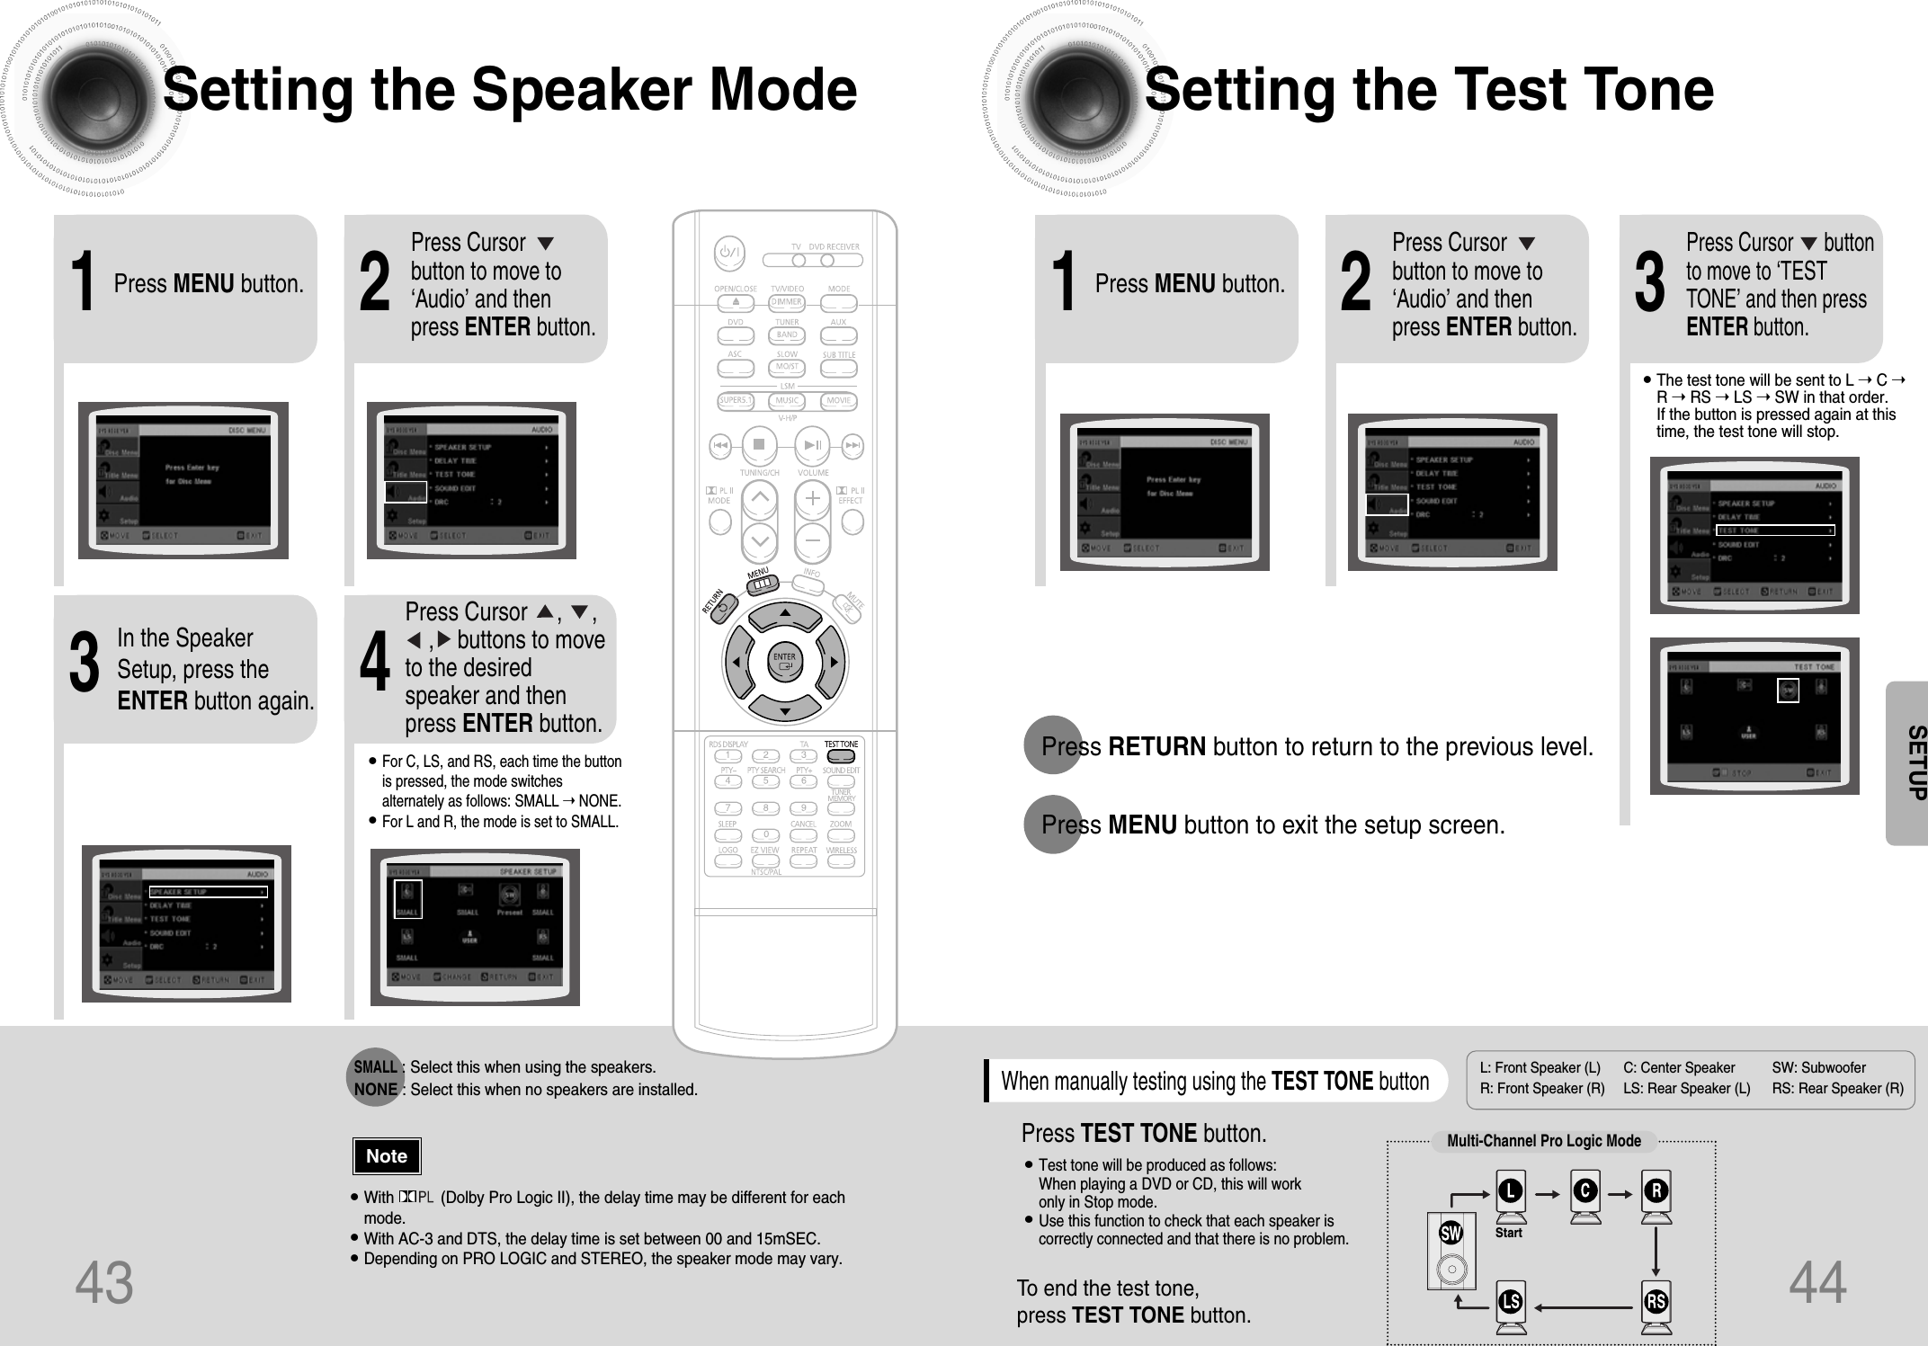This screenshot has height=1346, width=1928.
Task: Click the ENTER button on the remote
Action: [784, 662]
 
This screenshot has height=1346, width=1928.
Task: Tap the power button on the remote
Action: [728, 253]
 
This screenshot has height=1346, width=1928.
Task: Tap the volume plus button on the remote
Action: [812, 497]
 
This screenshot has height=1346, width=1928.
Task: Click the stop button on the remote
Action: [759, 444]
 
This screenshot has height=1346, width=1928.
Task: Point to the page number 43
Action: [104, 1283]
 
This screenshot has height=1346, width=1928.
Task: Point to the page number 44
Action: [1817, 1283]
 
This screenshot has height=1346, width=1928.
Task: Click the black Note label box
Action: [386, 1156]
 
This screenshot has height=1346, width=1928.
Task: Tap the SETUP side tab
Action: [1910, 762]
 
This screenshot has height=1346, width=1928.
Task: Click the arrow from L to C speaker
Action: [1547, 1195]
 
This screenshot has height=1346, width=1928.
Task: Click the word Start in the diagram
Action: [1508, 1233]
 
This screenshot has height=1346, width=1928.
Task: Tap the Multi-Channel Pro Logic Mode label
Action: [1543, 1141]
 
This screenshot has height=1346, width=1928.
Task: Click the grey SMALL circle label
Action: [376, 1067]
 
